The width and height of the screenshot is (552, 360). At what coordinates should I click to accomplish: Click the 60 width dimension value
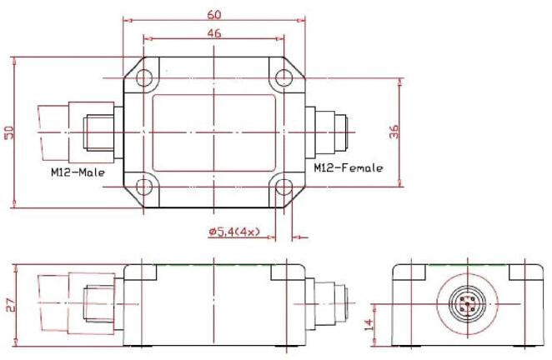pyautogui.click(x=214, y=15)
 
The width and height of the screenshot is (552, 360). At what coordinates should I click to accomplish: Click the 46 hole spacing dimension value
pyautogui.click(x=214, y=34)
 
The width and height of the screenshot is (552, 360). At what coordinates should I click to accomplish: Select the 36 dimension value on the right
pyautogui.click(x=394, y=132)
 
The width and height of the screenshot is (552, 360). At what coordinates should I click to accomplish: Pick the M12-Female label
pyautogui.click(x=349, y=168)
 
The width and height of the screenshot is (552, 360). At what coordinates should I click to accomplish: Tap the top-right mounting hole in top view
pyautogui.click(x=284, y=79)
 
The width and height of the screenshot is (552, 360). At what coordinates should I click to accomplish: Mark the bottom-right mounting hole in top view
pyautogui.click(x=284, y=186)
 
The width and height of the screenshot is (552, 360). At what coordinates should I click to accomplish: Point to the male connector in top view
pyautogui.click(x=79, y=132)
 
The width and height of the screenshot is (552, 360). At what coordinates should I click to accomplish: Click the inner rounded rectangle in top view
pyautogui.click(x=214, y=132)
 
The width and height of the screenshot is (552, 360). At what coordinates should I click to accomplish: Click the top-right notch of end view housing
pyautogui.click(x=524, y=272)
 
